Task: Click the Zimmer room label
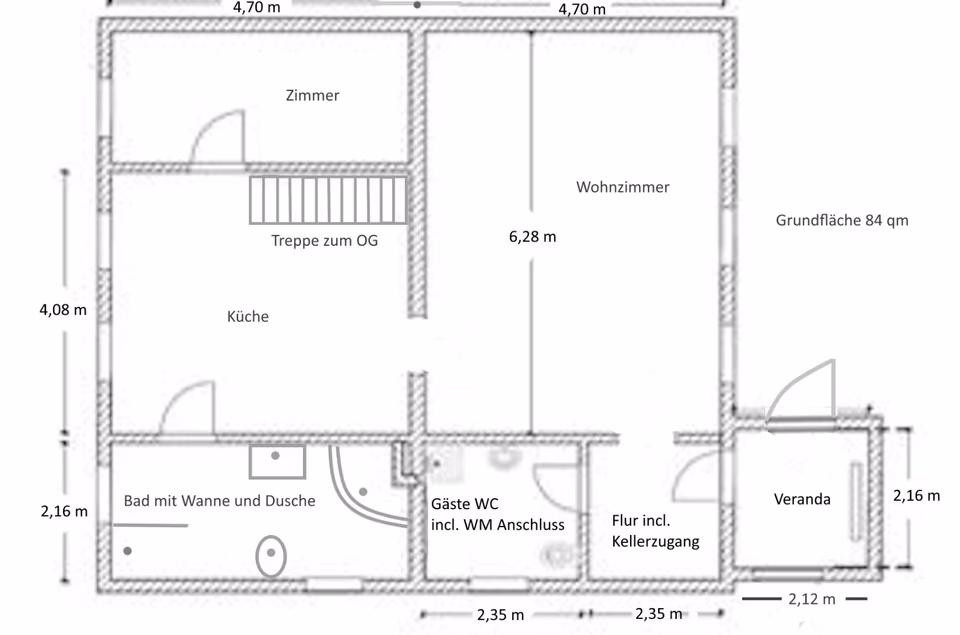click(x=312, y=96)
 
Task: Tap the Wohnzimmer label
click(x=623, y=187)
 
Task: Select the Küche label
click(x=248, y=316)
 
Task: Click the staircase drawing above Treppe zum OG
click(x=328, y=200)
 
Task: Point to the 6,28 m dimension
click(x=533, y=236)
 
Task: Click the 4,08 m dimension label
click(x=63, y=310)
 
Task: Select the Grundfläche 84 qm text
click(x=842, y=220)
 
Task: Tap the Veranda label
click(x=802, y=499)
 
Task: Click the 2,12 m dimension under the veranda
click(x=812, y=599)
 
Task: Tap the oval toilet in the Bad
click(x=271, y=556)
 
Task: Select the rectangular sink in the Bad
click(x=277, y=462)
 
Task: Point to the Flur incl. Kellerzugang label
click(x=656, y=531)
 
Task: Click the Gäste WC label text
click(x=465, y=504)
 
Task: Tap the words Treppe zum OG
click(x=324, y=241)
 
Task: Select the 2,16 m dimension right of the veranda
click(x=917, y=495)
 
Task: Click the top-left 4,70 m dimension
click(x=257, y=8)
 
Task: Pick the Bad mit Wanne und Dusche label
click(x=220, y=501)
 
